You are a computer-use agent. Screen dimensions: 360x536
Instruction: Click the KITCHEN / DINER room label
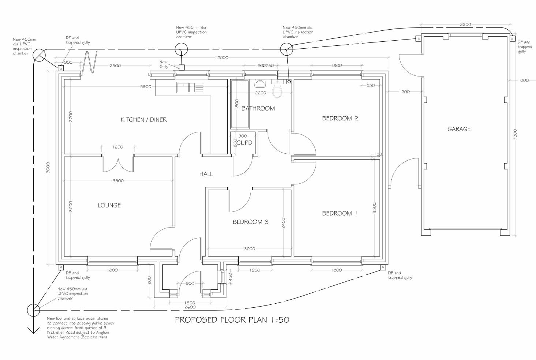coord(144,120)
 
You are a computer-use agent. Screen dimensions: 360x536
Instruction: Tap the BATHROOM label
coord(258,108)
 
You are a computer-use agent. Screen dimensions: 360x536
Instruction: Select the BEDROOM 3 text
coord(250,222)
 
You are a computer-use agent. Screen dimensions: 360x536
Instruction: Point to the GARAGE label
coord(459,129)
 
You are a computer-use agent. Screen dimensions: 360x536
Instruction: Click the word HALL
coord(206,174)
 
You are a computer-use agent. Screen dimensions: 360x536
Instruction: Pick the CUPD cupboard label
coord(244,143)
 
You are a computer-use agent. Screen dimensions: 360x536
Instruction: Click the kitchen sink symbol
coord(190,87)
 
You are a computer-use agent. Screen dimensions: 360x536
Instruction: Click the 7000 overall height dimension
coord(48,168)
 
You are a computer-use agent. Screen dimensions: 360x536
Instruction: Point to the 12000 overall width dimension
coord(222,58)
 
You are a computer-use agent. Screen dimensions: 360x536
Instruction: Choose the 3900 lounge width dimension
coord(118,181)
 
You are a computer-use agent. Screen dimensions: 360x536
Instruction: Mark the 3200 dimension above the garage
coord(465,25)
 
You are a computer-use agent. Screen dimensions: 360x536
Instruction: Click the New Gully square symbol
coord(181,67)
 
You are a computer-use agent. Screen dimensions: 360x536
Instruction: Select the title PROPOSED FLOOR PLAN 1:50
coord(232,320)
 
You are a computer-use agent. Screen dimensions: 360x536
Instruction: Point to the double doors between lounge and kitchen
coord(118,164)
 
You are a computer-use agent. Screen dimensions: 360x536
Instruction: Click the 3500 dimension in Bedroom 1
coord(374,208)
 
